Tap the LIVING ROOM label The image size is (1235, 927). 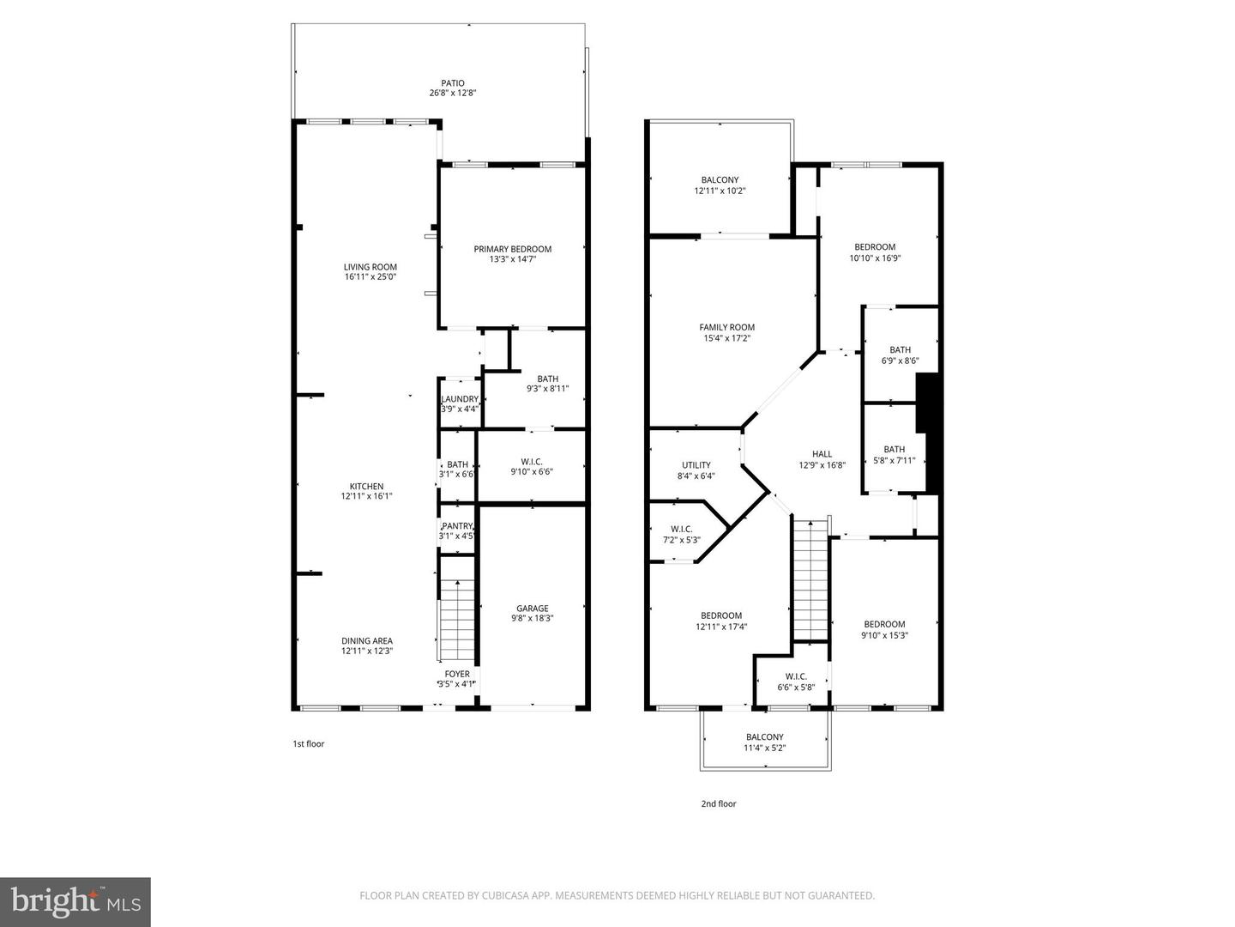(x=370, y=267)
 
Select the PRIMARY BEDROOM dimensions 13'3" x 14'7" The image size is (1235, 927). (x=513, y=258)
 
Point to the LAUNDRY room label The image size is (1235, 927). (x=460, y=399)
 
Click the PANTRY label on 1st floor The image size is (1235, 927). (x=457, y=526)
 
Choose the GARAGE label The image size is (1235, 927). (x=532, y=609)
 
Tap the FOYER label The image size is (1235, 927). (x=457, y=674)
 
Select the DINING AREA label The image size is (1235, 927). (x=367, y=640)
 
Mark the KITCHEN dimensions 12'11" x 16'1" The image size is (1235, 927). (x=367, y=496)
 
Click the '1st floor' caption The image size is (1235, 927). (x=309, y=744)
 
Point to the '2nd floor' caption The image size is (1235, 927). (x=719, y=804)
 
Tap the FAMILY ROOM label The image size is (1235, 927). (x=727, y=327)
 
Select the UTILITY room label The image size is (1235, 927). (x=696, y=465)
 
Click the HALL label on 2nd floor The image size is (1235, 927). (x=822, y=454)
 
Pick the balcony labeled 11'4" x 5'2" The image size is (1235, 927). (x=765, y=742)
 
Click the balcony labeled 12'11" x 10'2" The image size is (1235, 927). (x=720, y=185)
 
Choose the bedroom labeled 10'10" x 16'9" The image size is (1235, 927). (x=875, y=252)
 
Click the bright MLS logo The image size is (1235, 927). (x=75, y=901)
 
